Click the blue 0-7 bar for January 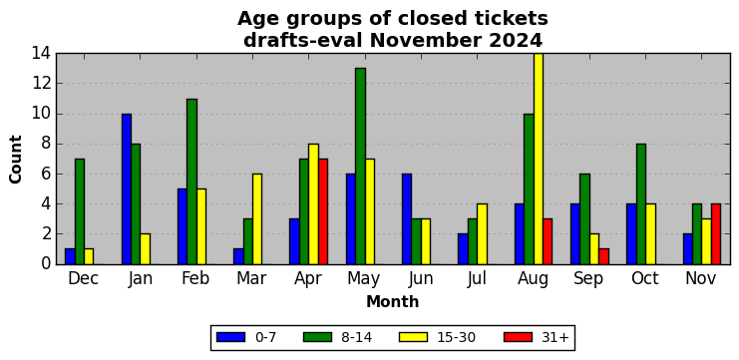coord(127,188)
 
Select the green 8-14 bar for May coord(361,167)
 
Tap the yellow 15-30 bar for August coord(539,159)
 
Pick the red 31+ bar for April coord(323,211)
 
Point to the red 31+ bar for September coord(603,256)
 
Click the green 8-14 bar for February coord(191,181)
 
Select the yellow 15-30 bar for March coord(257,219)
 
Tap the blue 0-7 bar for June coord(407,219)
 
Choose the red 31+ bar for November coord(716,234)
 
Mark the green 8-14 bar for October coord(641,204)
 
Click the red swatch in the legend coord(518,337)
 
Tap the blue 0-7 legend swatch coord(230,337)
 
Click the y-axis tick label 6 coord(46,175)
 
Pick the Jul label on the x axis coord(477,278)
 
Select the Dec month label coord(84,278)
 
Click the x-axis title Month coord(393,301)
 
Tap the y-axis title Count coord(16,160)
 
